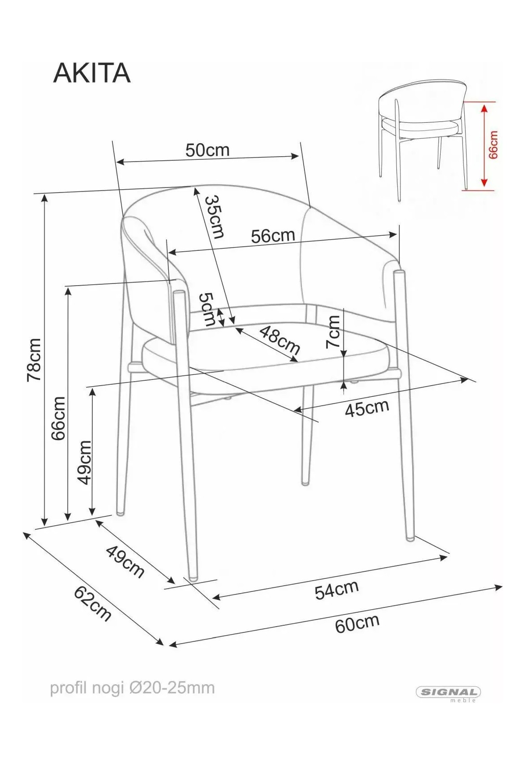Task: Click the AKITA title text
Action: [92, 73]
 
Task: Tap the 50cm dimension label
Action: [207, 150]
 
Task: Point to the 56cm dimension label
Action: [273, 236]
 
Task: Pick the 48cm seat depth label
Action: [279, 341]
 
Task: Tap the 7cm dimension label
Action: [333, 332]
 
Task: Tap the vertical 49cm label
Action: [84, 462]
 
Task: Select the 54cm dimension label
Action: [337, 589]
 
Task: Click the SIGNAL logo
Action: [449, 692]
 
